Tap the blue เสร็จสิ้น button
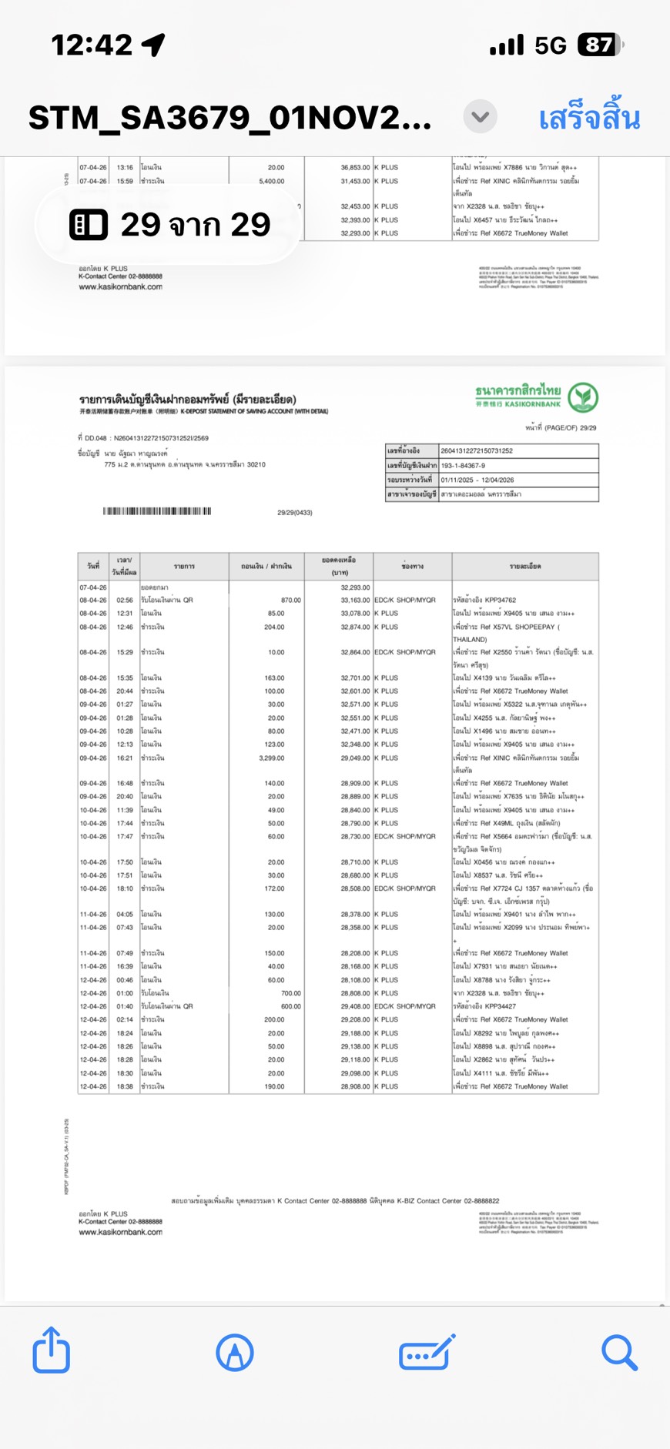pos(589,118)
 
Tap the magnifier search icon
pos(619,1352)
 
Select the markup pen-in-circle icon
pos(235,1352)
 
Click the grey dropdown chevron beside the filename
pos(480,117)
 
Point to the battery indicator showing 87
pos(600,45)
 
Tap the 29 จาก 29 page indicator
pos(169,225)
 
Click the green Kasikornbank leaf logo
pos(583,397)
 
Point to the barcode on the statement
pos(157,511)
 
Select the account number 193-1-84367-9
pos(463,465)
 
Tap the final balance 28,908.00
pos(355,1086)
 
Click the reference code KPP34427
pos(500,1006)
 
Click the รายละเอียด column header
pos(524,566)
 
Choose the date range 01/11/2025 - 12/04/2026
pos(477,480)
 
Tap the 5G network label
pos(551,45)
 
